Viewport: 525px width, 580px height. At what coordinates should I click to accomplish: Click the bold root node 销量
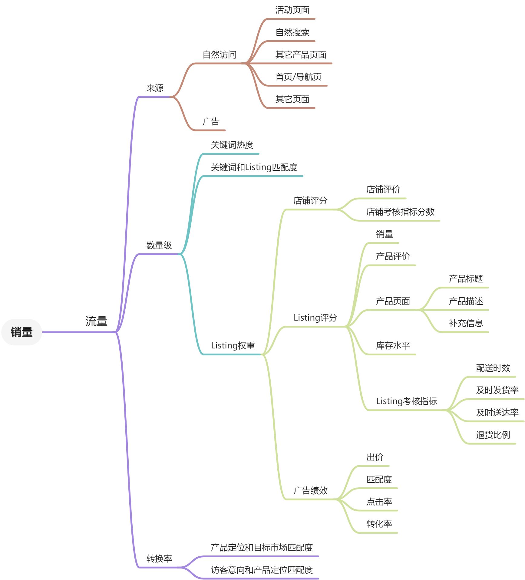[x=21, y=332]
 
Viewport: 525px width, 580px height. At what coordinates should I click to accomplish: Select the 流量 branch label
[x=96, y=321]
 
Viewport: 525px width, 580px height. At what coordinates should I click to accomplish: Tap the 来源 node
[x=155, y=88]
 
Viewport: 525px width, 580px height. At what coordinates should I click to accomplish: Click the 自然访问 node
[x=220, y=54]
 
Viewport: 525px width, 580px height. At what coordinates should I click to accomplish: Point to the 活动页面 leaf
[x=292, y=10]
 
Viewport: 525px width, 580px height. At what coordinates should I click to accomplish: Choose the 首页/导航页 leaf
[x=298, y=77]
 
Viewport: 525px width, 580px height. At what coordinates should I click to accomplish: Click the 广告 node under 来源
[x=211, y=121]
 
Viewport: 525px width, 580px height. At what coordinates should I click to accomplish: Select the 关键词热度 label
[x=232, y=145]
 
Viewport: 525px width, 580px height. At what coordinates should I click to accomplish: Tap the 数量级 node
[x=159, y=245]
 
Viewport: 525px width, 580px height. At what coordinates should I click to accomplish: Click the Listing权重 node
[x=233, y=345]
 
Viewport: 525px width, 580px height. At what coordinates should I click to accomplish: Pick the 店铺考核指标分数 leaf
[x=400, y=212]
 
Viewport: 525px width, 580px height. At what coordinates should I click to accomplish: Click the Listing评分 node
[x=315, y=318]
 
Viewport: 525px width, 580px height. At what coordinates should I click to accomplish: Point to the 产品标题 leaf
[x=466, y=278]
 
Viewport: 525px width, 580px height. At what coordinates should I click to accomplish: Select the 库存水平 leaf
[x=393, y=345]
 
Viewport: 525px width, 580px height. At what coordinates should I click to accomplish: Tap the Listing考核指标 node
[x=407, y=401]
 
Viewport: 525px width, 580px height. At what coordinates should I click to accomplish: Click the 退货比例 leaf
[x=493, y=435]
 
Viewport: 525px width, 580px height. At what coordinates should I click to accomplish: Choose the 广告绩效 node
[x=310, y=490]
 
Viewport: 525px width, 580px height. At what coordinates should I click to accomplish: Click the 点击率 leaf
[x=379, y=502]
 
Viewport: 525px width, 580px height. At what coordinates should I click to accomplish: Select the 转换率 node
[x=159, y=558]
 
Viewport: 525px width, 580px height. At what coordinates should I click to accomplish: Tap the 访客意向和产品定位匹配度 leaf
[x=262, y=570]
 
